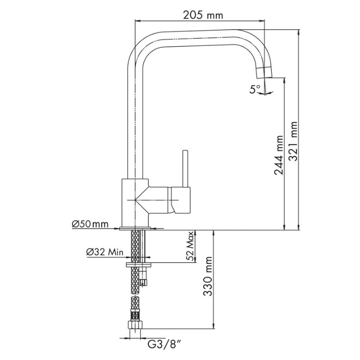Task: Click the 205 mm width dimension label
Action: (x=203, y=16)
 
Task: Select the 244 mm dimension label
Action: (x=279, y=155)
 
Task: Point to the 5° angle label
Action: (x=255, y=89)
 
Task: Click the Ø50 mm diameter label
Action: (x=90, y=224)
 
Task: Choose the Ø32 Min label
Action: (x=105, y=252)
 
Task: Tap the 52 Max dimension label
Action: (x=190, y=246)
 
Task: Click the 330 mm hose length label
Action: (x=208, y=276)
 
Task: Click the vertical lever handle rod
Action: (x=185, y=169)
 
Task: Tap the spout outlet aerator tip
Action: (x=264, y=73)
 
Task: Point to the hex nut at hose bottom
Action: (x=135, y=325)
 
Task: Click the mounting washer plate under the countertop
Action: (x=138, y=265)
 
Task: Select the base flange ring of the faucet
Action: (x=135, y=229)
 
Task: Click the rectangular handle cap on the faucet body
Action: (x=181, y=200)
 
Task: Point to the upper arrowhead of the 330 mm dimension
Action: (x=214, y=232)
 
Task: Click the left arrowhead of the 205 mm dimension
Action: (x=137, y=21)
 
